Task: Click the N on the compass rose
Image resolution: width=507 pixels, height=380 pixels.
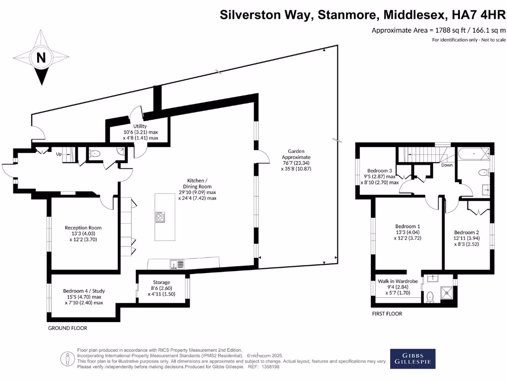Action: [42, 57]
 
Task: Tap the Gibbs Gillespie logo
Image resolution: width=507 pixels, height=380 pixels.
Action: [412, 359]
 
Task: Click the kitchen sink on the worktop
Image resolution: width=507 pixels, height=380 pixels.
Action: [177, 264]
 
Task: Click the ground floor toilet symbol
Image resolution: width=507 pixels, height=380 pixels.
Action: [95, 154]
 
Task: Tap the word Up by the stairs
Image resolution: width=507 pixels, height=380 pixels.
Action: [59, 154]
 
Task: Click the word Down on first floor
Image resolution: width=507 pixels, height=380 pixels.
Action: [447, 166]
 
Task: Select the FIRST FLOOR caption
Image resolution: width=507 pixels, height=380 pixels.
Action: [387, 314]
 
